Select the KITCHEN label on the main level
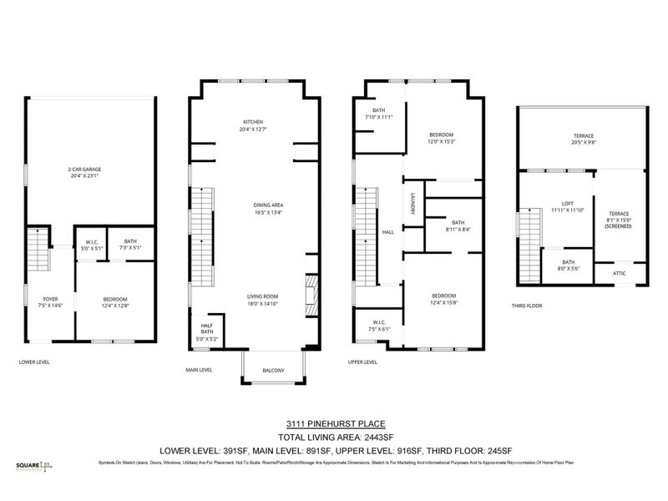tap(253, 122)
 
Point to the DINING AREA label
tap(269, 205)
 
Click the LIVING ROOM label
tap(261, 296)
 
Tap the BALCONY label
tap(273, 371)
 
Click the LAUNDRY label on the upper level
tap(412, 205)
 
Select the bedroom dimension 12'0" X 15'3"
tap(441, 142)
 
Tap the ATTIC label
tap(619, 273)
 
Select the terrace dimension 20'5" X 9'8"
tap(584, 142)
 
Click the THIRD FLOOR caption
tap(527, 306)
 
